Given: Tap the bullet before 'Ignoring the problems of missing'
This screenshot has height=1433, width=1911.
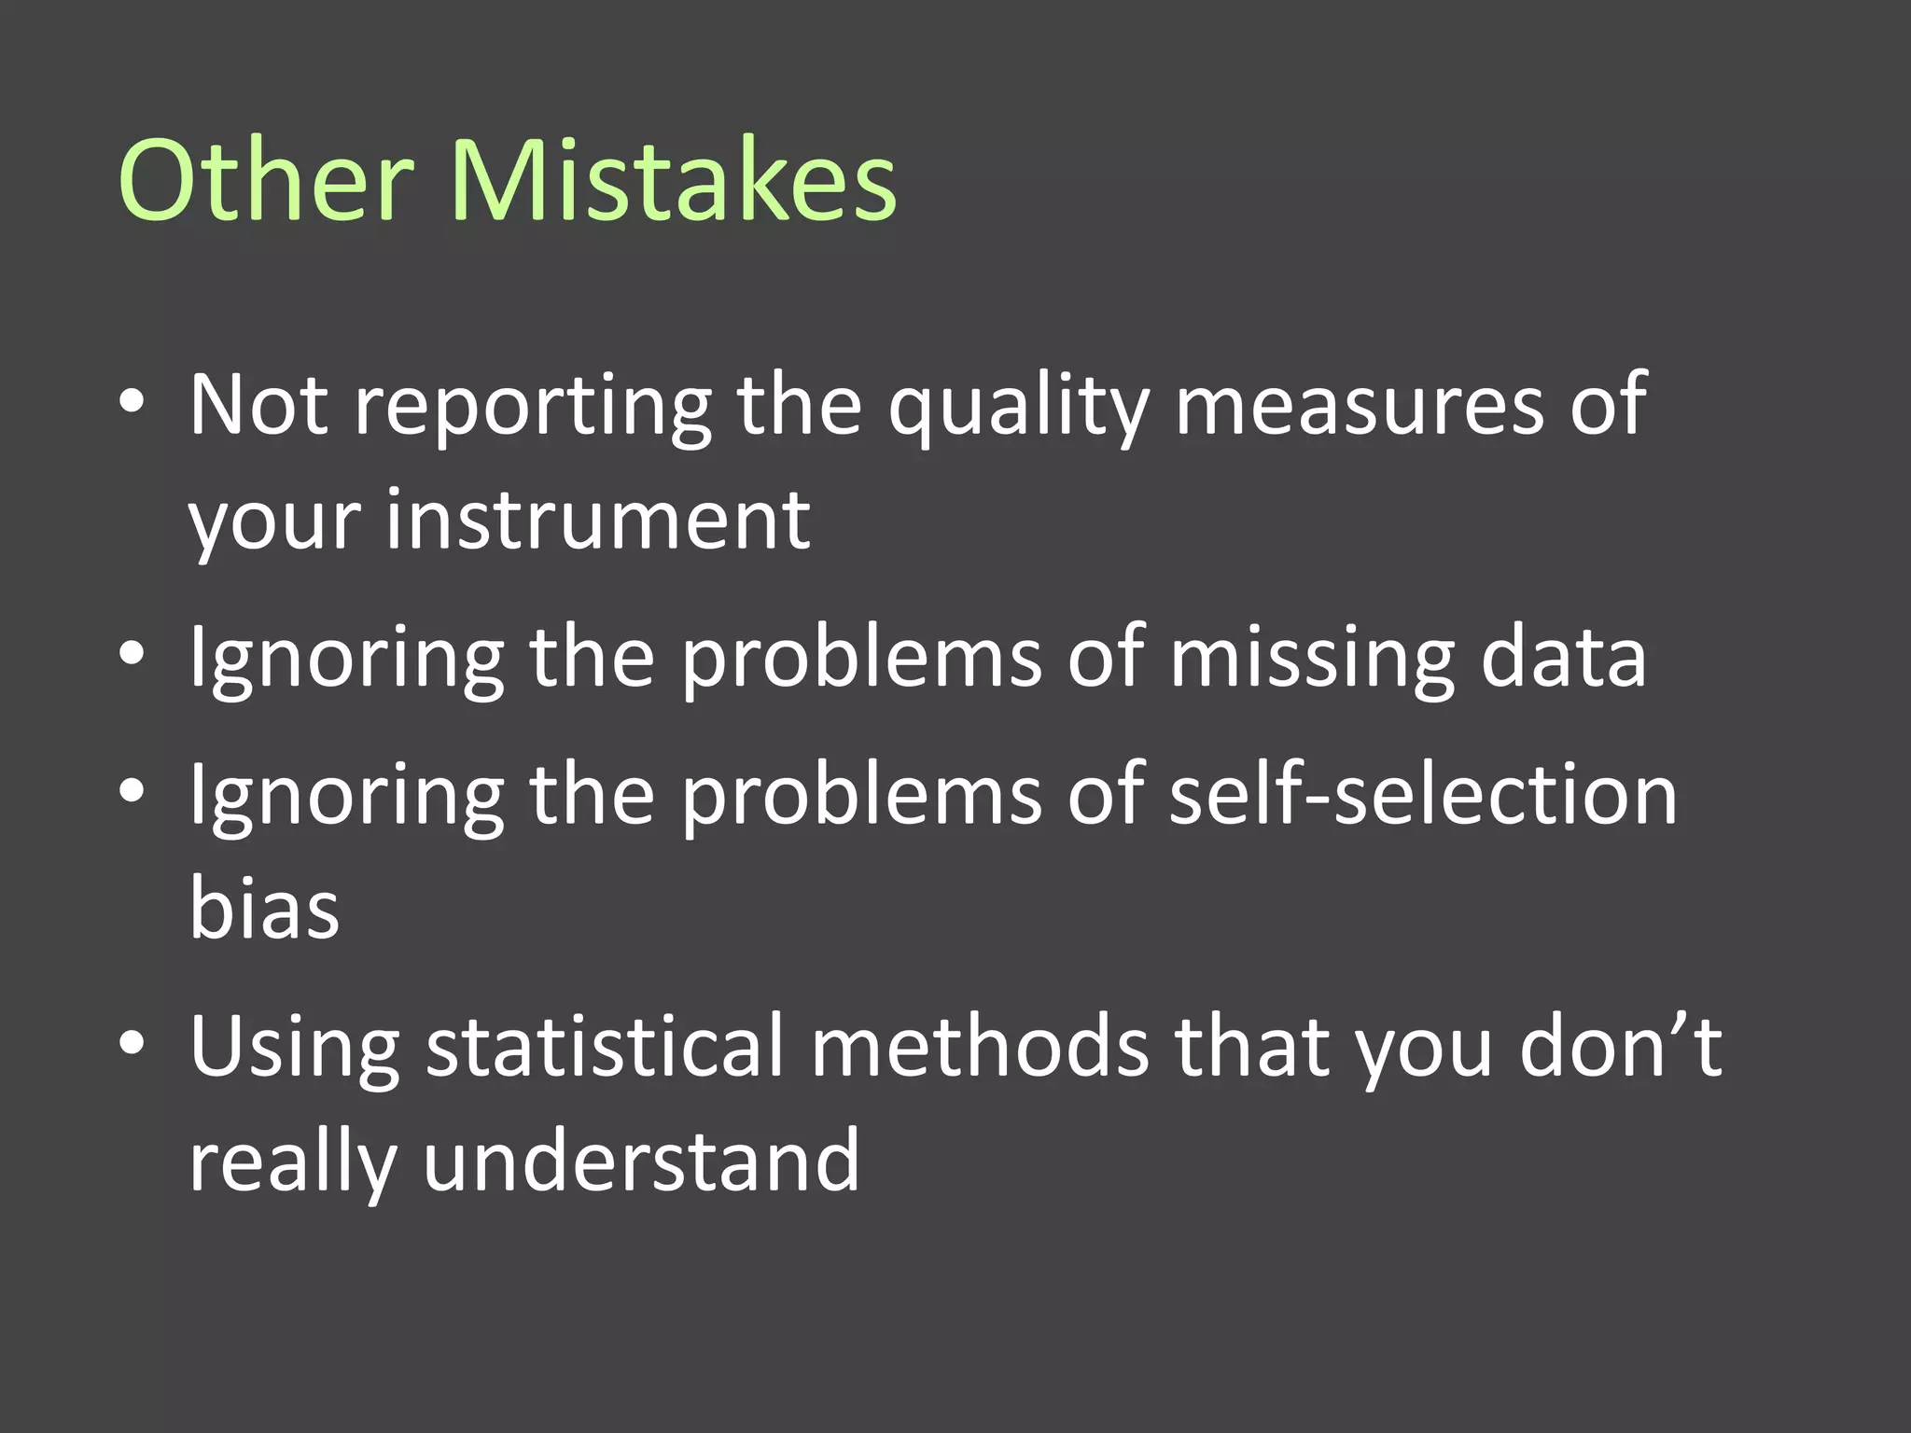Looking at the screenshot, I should (132, 653).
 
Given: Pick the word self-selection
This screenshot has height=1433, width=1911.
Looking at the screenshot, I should (1423, 794).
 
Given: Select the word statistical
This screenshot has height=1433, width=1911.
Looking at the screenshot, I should (605, 1046).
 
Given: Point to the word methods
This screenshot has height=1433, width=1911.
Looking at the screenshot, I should (980, 1046).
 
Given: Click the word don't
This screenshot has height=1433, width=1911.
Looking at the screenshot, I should (1620, 1046).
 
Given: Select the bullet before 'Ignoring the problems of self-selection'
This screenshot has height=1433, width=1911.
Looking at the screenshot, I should (132, 790).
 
